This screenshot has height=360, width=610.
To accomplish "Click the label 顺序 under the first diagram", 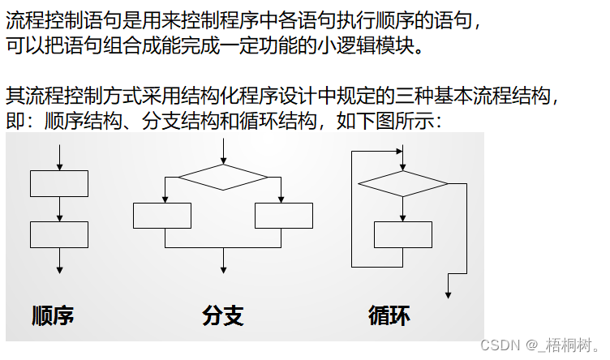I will coord(54,315).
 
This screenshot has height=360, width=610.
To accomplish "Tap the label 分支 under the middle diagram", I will coord(223,315).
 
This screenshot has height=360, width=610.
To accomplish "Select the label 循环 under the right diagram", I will coord(389,315).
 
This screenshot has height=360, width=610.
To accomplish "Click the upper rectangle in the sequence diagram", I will coord(59,183).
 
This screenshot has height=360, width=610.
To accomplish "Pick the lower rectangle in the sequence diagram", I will coord(59,234).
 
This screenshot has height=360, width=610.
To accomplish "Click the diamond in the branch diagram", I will coord(223,177).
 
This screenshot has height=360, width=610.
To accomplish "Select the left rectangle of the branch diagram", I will coord(162,216).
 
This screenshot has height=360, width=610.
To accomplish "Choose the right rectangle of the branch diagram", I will coord(284,216).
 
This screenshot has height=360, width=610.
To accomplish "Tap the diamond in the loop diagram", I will coord(403,184).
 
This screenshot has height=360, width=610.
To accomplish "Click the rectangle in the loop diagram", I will coord(403,234).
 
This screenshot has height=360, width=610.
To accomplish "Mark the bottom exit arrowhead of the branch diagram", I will coord(223,269).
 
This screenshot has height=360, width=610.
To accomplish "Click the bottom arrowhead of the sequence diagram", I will coord(59,269).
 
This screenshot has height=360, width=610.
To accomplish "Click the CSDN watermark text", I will coord(539,345).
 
